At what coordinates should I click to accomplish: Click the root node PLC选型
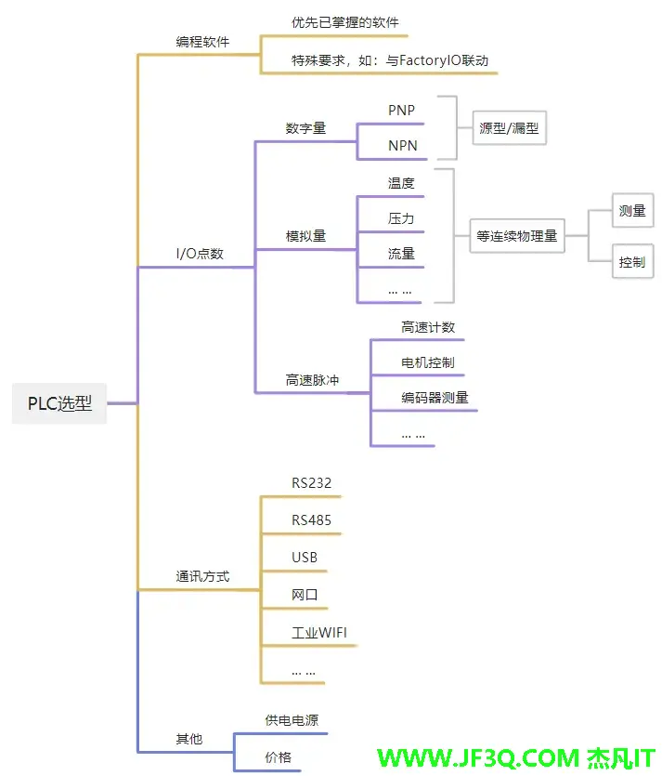click(x=59, y=404)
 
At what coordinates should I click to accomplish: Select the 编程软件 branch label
click(x=202, y=42)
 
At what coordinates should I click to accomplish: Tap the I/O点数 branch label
click(x=200, y=254)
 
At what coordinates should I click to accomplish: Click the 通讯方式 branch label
click(x=202, y=576)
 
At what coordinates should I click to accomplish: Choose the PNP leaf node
click(x=401, y=111)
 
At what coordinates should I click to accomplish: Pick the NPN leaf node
click(x=402, y=146)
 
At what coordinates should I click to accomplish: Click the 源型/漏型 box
click(x=509, y=128)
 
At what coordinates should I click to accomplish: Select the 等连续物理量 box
click(x=516, y=236)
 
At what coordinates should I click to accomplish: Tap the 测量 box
click(x=631, y=211)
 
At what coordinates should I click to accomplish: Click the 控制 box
click(x=631, y=262)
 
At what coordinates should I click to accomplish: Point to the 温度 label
click(x=401, y=183)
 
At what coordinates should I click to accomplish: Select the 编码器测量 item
click(x=435, y=398)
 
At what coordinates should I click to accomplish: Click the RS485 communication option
click(x=311, y=520)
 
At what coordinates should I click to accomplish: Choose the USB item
click(x=305, y=558)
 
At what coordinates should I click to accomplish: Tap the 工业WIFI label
click(x=319, y=633)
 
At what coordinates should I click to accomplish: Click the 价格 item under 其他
click(x=278, y=757)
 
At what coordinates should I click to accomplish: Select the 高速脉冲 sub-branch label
click(x=312, y=380)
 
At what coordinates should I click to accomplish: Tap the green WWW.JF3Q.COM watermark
click(x=476, y=758)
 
